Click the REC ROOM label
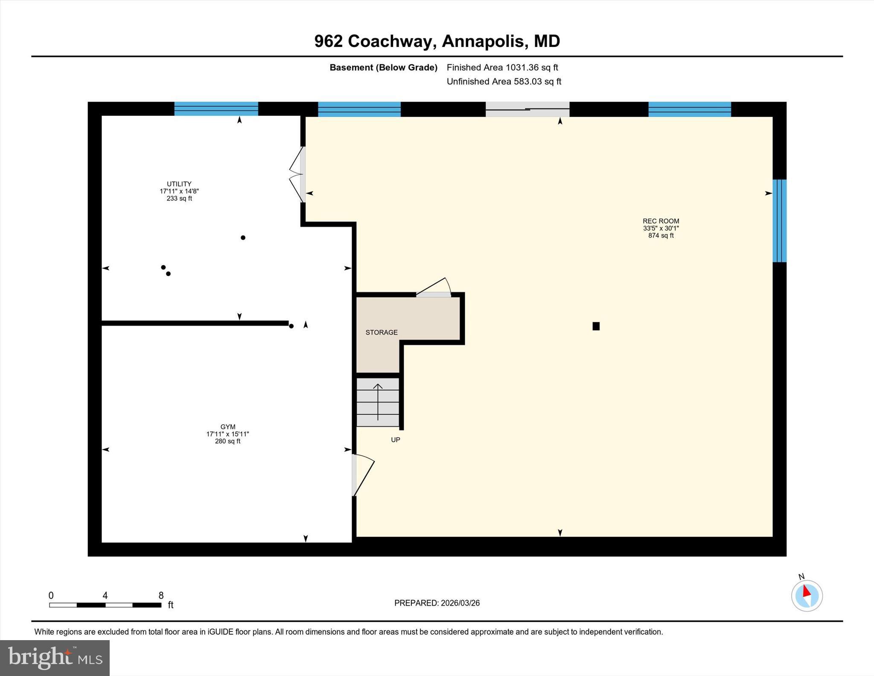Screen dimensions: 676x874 coord(661,221)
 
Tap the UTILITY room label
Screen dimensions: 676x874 coord(179,184)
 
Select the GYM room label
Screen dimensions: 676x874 coord(228,427)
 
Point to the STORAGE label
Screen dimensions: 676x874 coord(382,332)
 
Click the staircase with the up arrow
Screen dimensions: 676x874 coord(378,402)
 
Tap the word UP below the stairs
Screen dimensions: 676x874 coord(396,440)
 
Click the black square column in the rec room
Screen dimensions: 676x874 coord(596,326)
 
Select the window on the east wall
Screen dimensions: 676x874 coord(779,221)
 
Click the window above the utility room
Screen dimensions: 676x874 coord(216,109)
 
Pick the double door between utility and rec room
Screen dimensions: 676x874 coord(298,174)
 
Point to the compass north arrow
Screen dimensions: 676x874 coord(806,592)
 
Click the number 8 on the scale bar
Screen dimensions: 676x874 coord(161,596)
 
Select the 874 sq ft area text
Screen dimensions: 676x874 coord(661,235)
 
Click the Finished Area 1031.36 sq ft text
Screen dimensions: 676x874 coord(502,67)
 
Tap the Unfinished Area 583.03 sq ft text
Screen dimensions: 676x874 coord(504,82)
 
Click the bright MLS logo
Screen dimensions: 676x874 coord(55,658)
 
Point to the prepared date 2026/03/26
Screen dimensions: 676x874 coord(460,603)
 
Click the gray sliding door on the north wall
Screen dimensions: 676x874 coord(527,109)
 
